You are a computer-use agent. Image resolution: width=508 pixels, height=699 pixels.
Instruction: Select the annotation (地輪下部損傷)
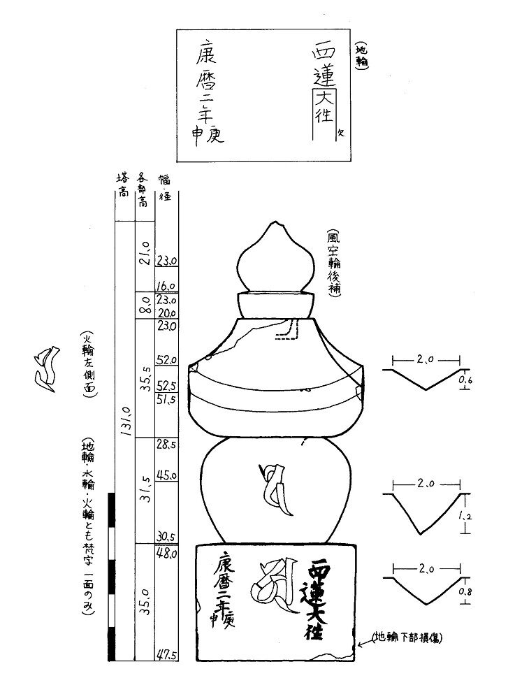409,637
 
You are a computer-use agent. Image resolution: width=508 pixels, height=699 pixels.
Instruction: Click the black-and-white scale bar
111,576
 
